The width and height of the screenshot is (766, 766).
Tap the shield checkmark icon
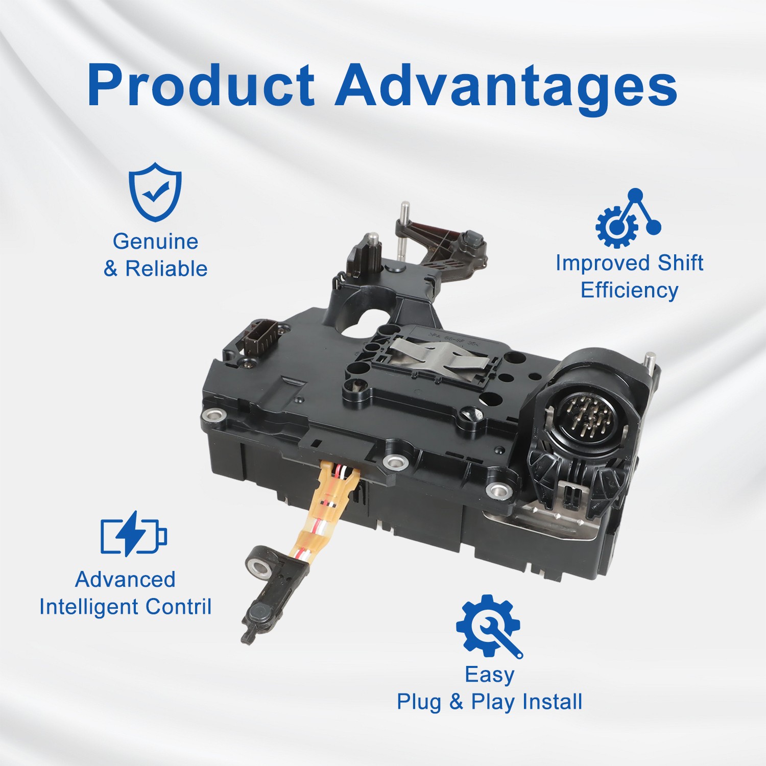(155, 192)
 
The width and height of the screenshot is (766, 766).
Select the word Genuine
(155, 241)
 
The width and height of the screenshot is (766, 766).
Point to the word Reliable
(166, 269)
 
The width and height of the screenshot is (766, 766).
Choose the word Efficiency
(629, 290)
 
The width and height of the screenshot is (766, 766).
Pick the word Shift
(680, 262)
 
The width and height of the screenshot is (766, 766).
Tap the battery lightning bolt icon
(134, 534)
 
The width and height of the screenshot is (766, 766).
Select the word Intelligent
(89, 607)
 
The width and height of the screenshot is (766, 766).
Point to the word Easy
(489, 675)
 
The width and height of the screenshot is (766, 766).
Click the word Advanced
(125, 579)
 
